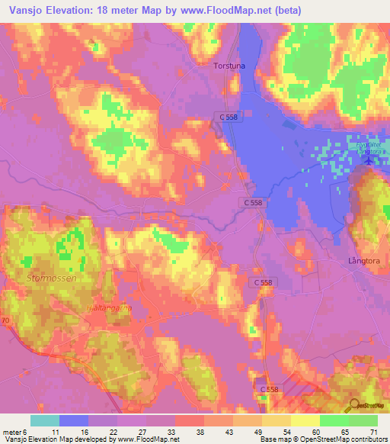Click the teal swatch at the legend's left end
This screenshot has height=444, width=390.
(45, 420)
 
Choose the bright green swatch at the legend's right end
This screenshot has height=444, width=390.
(363, 420)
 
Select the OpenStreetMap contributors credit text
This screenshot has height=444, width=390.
(335, 439)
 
